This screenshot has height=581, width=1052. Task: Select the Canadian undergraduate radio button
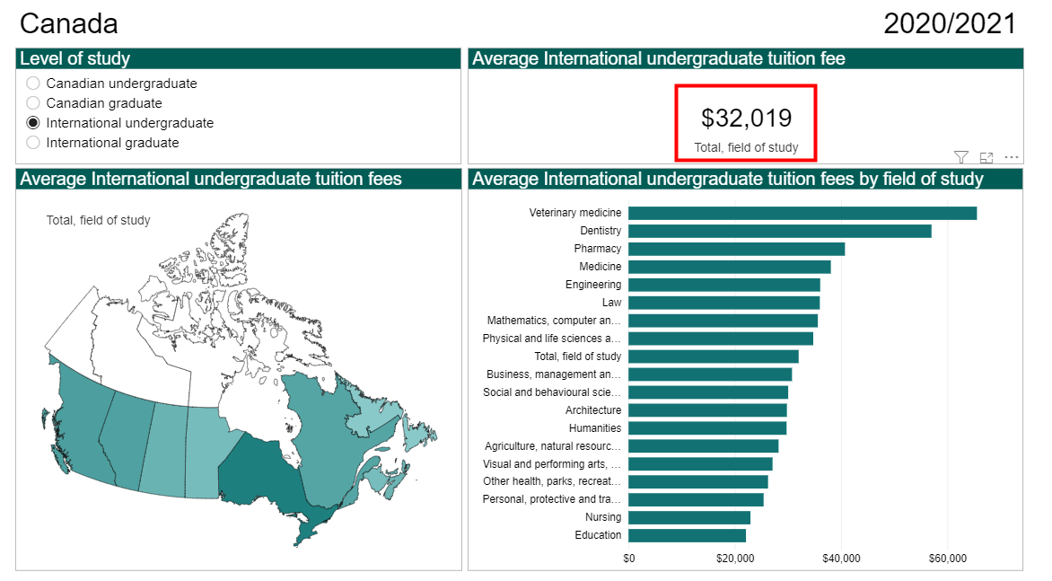(x=33, y=84)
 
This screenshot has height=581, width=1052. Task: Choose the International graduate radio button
(x=33, y=143)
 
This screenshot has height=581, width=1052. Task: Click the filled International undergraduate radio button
(x=33, y=123)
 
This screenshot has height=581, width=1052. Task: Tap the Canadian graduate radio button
(x=33, y=103)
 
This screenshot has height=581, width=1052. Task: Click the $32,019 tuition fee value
(x=746, y=119)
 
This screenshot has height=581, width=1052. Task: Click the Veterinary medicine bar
(x=802, y=213)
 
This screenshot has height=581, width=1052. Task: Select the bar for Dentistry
(x=779, y=231)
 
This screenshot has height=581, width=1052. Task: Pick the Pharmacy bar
(x=736, y=249)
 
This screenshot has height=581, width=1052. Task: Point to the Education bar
(x=687, y=535)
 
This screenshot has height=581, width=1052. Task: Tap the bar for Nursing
(x=688, y=517)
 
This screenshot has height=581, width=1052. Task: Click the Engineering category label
(x=592, y=285)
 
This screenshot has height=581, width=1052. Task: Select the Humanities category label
(x=594, y=428)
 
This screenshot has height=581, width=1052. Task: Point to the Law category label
(x=611, y=303)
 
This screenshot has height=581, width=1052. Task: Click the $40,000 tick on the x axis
(x=841, y=559)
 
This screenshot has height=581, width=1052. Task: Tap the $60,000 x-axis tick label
(x=948, y=559)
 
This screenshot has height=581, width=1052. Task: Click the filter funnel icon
(x=960, y=157)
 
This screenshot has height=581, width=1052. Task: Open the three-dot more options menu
(x=1012, y=157)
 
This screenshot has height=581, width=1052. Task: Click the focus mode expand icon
(x=986, y=157)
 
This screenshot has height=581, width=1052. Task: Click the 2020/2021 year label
(x=950, y=24)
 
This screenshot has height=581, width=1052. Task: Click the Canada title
(x=68, y=24)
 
